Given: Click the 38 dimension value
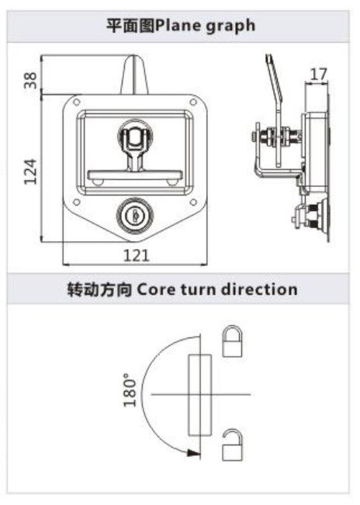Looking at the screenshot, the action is [x=30, y=80].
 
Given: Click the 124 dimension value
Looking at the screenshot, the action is [x=30, y=171].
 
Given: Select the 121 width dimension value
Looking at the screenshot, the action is [x=137, y=256].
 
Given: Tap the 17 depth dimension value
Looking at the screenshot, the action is [x=318, y=74].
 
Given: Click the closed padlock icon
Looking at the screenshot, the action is [x=232, y=341].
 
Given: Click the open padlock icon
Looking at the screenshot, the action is [x=232, y=444].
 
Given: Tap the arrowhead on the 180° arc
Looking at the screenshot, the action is [x=193, y=453].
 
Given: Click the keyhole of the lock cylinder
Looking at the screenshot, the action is [x=135, y=215].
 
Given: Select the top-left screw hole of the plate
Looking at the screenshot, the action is [x=77, y=102].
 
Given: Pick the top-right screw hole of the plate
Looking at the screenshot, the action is [x=193, y=102].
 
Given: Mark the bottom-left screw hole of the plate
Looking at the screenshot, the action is [x=77, y=202].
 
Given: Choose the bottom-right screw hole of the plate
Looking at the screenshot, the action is [x=193, y=202].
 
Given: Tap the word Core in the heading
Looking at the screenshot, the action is [x=157, y=289].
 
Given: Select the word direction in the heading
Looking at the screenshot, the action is [x=260, y=289].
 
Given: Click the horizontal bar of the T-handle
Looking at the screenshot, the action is [x=135, y=175].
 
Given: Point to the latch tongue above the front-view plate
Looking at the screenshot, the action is [x=134, y=74].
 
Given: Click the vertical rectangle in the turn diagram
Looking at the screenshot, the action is [x=199, y=396].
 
